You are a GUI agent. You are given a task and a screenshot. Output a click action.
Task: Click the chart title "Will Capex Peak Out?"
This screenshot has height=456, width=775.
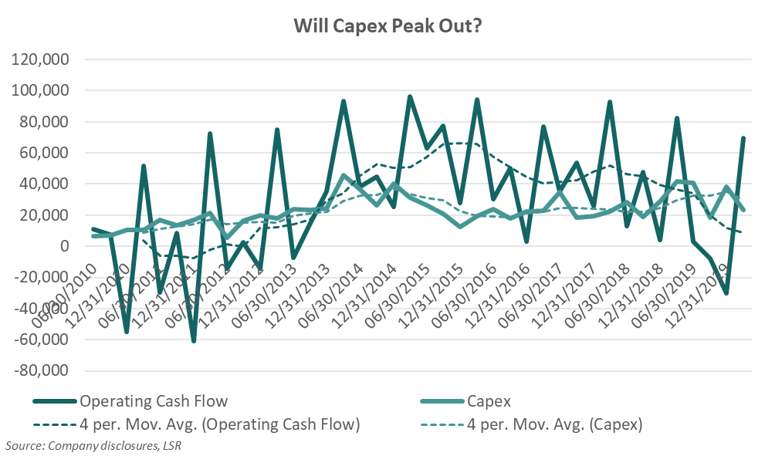pos(387,25)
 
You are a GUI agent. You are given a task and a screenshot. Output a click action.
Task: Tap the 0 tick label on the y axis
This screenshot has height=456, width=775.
pos(65,246)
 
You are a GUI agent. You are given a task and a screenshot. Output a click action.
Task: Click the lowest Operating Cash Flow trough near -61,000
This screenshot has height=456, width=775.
pos(193,341)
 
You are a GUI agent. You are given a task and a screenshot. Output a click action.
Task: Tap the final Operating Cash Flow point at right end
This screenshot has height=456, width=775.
pos(743,138)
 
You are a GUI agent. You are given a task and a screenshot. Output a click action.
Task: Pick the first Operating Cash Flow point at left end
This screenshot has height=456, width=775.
pos(93,229)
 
